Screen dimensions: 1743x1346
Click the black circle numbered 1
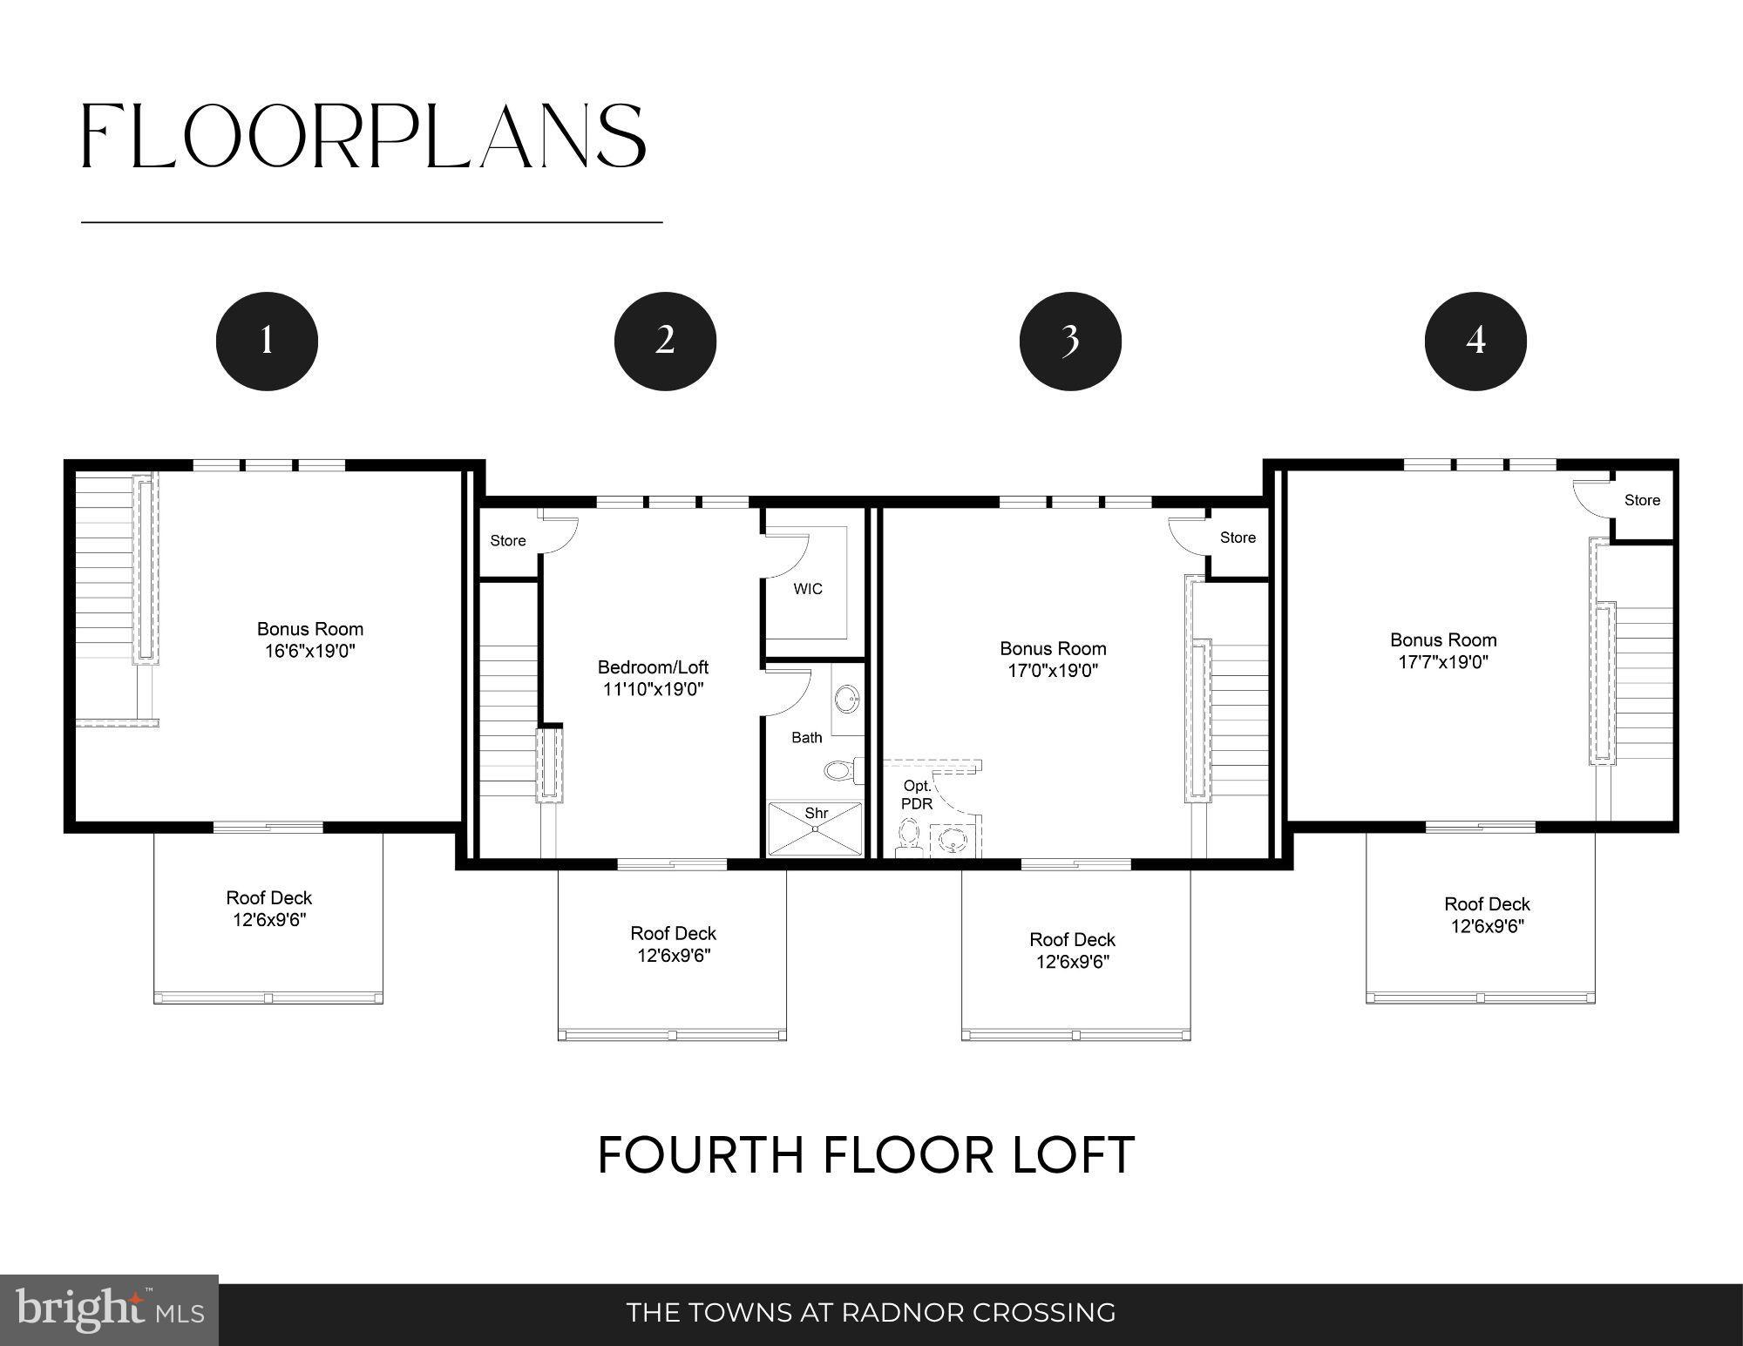pos(267,341)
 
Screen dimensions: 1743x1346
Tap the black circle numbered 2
pos(665,341)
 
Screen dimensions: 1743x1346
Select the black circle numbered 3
pos(1070,341)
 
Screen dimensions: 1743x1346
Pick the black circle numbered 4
pos(1475,341)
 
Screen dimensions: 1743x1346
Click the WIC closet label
pos(808,589)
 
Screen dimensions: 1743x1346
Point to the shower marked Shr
pos(816,829)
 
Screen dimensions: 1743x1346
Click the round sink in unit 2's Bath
pos(846,698)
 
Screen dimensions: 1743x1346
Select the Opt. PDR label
pos(917,795)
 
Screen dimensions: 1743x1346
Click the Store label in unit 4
pos(1642,500)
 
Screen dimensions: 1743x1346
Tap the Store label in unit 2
pos(508,541)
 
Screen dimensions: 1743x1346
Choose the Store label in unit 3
pos(1238,538)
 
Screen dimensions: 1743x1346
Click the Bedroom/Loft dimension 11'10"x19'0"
pos(653,690)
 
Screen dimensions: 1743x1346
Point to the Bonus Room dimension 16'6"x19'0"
pos(310,652)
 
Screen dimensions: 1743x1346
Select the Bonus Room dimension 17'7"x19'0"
pos(1443,662)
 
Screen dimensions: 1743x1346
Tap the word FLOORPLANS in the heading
pos(363,137)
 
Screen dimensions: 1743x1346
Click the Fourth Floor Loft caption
pos(866,1155)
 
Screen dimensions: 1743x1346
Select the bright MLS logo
pos(109,1310)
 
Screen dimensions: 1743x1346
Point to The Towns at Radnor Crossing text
pos(871,1312)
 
